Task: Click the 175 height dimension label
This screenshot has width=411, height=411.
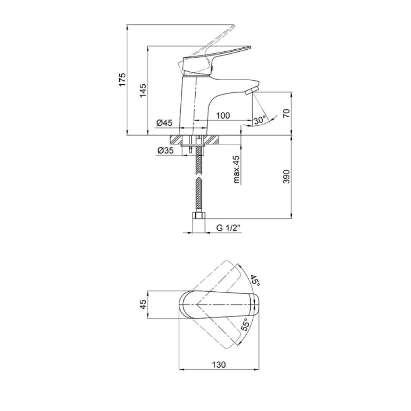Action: (x=122, y=80)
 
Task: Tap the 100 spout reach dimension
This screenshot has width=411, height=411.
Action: (x=223, y=115)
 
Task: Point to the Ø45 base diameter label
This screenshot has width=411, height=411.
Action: (x=165, y=122)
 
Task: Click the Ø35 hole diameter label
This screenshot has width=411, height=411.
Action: (x=165, y=150)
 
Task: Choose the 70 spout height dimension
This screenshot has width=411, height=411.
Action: (x=287, y=113)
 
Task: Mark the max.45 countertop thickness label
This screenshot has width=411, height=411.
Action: (x=237, y=169)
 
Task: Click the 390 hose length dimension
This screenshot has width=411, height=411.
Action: (x=287, y=176)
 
